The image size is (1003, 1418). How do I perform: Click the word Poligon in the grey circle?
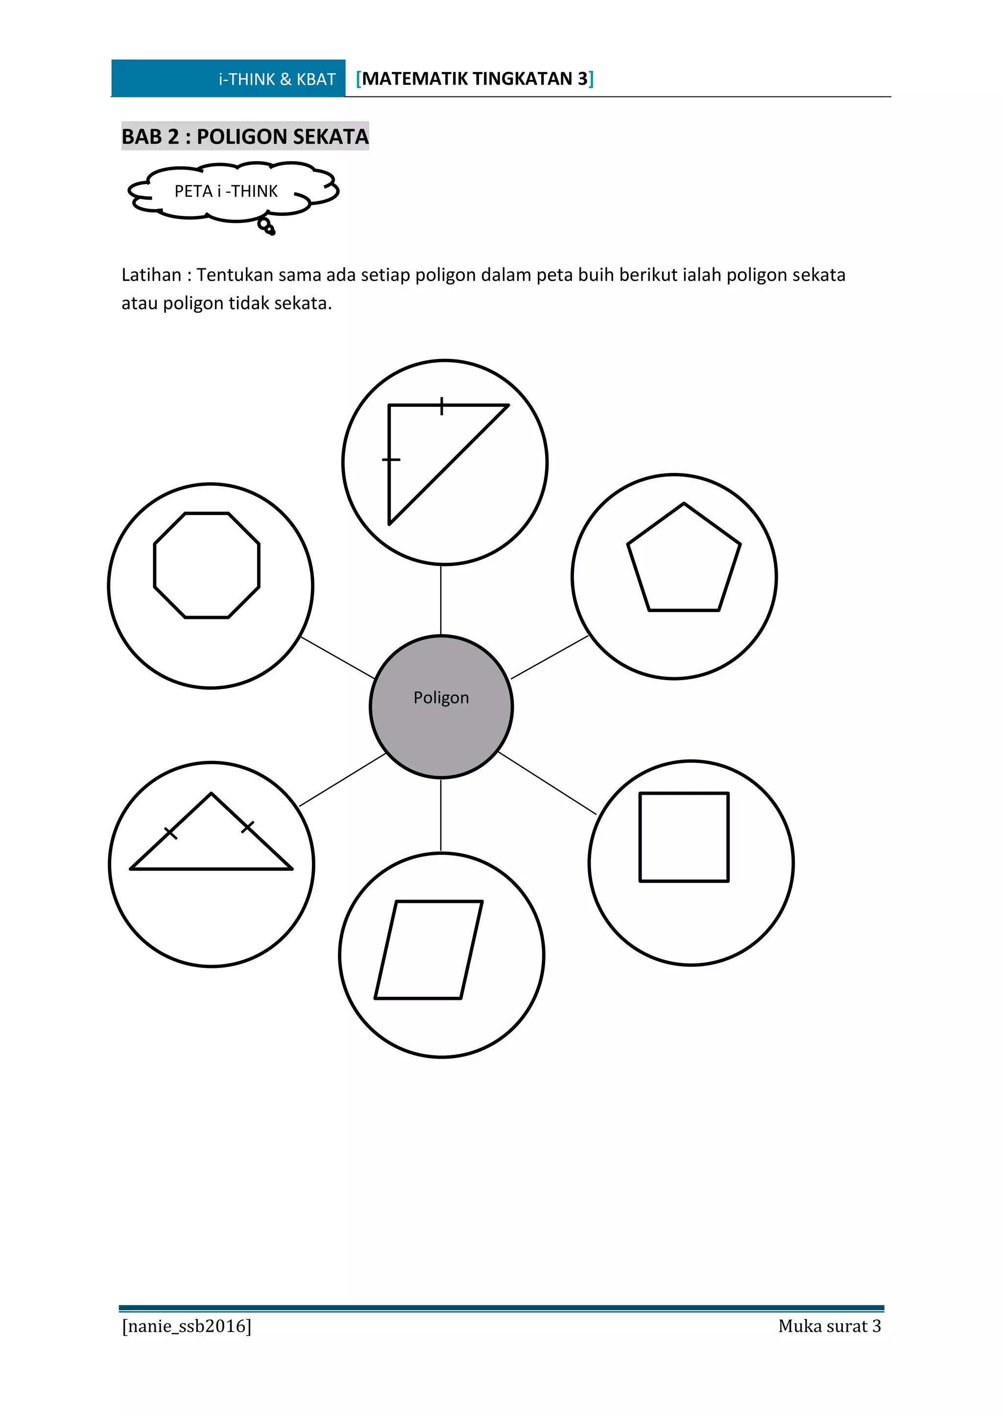point(441,697)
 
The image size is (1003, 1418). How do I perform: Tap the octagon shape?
point(207,565)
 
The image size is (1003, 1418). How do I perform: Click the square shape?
point(684,837)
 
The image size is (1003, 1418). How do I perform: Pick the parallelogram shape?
point(429,949)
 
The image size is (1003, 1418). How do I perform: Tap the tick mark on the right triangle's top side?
point(442,406)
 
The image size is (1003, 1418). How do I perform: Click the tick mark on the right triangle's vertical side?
point(390,459)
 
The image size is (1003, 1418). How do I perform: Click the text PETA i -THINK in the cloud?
point(226,191)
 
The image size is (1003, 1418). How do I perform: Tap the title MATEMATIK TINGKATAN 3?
point(475,78)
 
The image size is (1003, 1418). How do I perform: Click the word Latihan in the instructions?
point(151,275)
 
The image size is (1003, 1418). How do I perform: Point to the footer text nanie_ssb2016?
point(187,1326)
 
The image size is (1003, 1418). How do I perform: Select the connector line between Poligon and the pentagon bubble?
point(549,658)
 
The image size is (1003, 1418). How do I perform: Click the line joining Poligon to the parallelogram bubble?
point(441,815)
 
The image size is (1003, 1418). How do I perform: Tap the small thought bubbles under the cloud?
point(267,227)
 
